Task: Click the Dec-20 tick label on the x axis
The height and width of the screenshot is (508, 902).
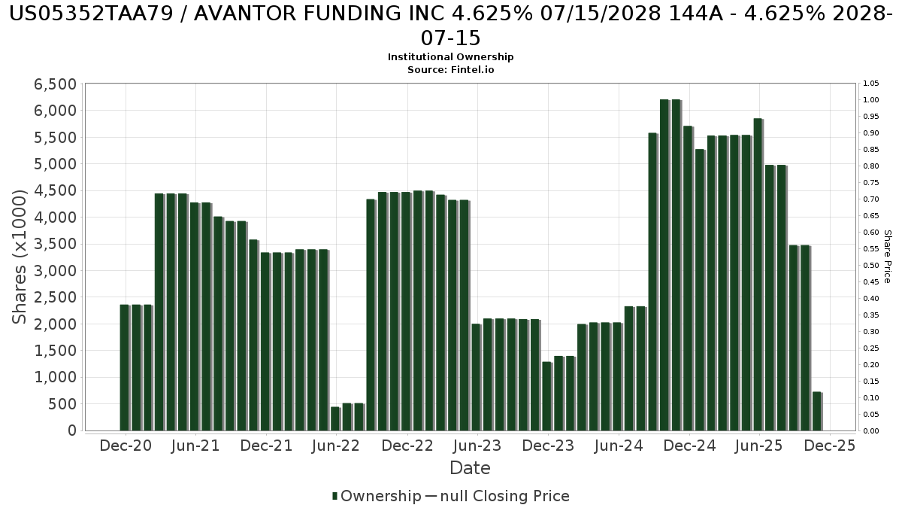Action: pos(126,446)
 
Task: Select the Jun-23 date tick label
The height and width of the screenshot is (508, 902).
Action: pos(477,446)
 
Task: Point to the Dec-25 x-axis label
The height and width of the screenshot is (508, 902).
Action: pos(829,446)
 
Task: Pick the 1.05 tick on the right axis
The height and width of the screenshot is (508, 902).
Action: pos(870,84)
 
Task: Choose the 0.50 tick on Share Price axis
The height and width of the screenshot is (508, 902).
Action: pos(870,266)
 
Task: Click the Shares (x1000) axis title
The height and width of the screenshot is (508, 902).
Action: pos(20,257)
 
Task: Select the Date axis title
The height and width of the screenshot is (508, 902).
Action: pos(470,468)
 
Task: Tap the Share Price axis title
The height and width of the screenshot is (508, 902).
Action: pos(887,257)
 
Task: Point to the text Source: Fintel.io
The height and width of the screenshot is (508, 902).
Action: pos(451,69)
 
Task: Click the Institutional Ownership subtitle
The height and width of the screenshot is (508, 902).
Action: pos(451,57)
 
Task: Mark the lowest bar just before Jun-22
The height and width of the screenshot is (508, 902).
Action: pos(335,418)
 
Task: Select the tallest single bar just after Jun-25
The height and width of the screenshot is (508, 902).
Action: pos(758,275)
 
